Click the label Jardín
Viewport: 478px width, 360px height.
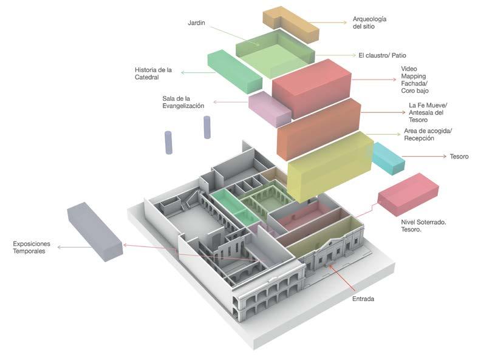(197, 23)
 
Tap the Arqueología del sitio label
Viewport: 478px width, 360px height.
(369, 23)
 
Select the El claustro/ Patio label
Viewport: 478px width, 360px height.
(386, 55)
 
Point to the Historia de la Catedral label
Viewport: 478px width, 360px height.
(153, 73)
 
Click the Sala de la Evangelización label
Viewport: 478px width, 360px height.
(183, 102)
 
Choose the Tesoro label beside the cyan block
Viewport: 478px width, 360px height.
(459, 157)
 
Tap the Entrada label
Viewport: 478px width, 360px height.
(363, 299)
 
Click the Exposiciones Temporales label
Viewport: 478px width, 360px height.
(32, 247)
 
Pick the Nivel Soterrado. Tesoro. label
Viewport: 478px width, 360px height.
(424, 226)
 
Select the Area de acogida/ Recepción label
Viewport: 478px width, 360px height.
(428, 135)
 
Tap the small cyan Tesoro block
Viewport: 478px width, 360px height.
(388, 157)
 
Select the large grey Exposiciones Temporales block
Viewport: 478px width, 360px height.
(95, 231)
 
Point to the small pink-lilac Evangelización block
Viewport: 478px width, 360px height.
(269, 107)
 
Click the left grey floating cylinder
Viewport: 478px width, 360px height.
(169, 142)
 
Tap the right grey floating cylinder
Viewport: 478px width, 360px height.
(207, 128)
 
